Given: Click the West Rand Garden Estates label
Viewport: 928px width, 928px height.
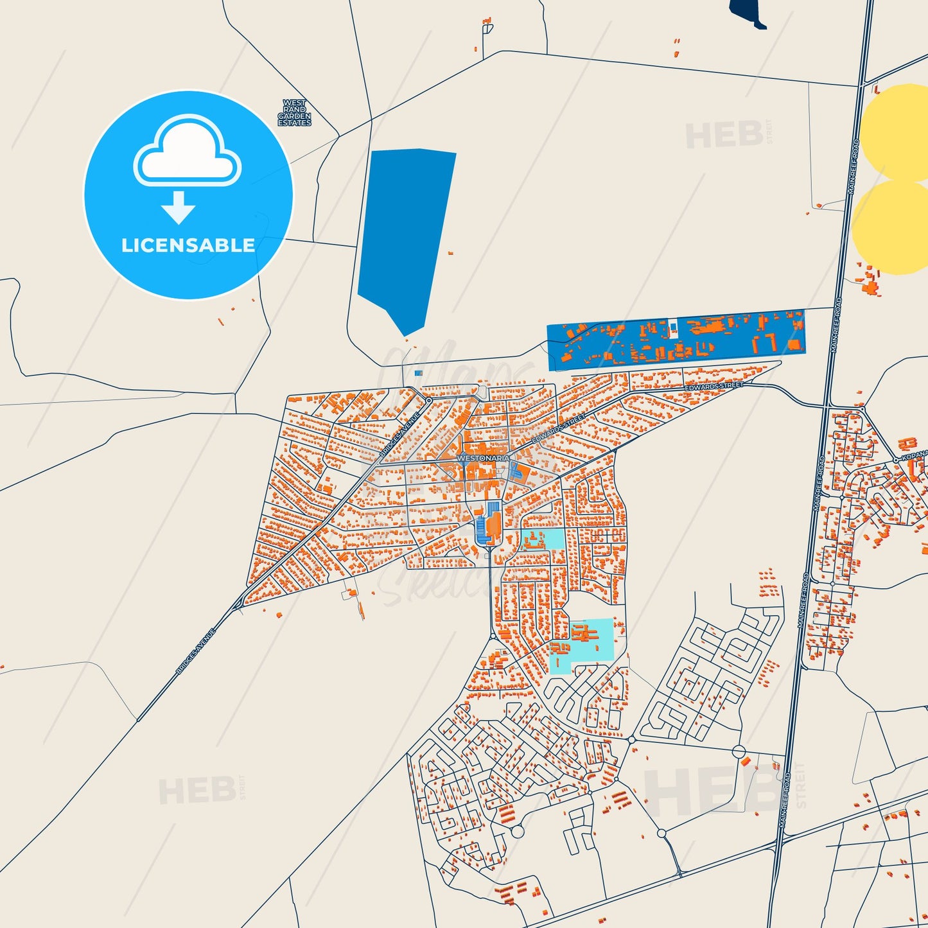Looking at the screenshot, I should [x=295, y=112].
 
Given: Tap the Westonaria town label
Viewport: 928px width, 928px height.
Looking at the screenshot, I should [x=483, y=458].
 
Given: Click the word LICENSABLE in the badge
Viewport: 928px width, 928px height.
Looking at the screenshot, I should [x=188, y=245].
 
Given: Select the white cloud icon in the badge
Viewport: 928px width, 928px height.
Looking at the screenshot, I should [x=187, y=150].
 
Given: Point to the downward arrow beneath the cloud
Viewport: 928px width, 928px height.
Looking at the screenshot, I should [x=179, y=207].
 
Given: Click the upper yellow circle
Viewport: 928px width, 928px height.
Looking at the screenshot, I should [x=896, y=132].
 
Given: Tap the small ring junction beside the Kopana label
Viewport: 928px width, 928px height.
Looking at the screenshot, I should [x=895, y=460].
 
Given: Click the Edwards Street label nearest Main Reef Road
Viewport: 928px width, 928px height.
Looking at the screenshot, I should [x=714, y=387].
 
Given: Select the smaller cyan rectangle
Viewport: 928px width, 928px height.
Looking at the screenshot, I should [x=542, y=539].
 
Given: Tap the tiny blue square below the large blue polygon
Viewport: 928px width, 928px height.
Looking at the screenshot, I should [x=419, y=372].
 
